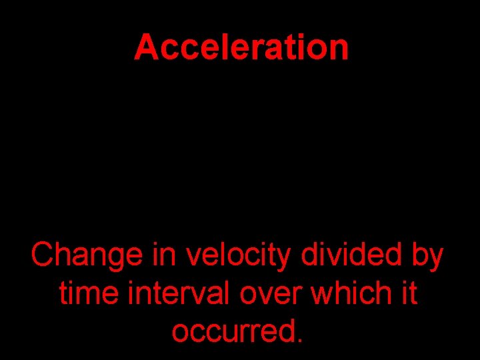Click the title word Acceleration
(241, 48)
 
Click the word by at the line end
(427, 257)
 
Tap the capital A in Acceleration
(146, 48)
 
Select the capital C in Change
(43, 255)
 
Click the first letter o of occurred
(181, 333)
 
